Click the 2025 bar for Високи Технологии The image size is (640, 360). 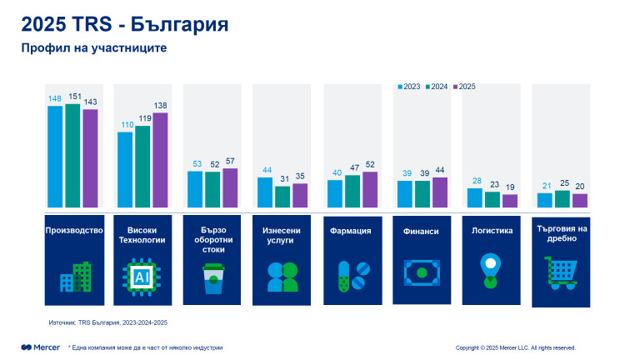[x=160, y=159]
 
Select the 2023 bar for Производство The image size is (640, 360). [x=55, y=156]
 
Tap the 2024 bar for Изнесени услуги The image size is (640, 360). [x=282, y=197]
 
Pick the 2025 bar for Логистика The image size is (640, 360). [x=510, y=201]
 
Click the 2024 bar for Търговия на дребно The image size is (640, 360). [x=562, y=198]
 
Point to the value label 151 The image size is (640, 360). [x=72, y=97]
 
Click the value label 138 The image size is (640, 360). [x=160, y=106]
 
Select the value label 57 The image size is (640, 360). [x=231, y=162]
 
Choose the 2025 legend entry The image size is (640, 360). [x=465, y=87]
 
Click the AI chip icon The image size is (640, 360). [x=142, y=275]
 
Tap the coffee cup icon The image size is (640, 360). [x=212, y=277]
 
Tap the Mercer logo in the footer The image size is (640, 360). [x=41, y=347]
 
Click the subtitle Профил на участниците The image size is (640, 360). [x=94, y=48]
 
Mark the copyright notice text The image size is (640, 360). [x=515, y=347]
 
